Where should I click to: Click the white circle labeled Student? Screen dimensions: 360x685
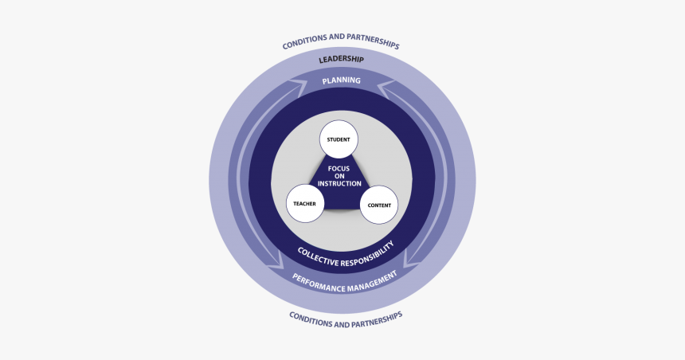coord(339,139)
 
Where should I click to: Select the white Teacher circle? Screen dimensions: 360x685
coord(305,204)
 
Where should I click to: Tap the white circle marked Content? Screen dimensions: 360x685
coord(378,206)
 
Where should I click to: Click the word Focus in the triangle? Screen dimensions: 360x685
coord(339,168)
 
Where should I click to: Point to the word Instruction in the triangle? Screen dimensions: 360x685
coord(339,184)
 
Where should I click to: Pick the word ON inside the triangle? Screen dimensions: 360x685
coord(339,176)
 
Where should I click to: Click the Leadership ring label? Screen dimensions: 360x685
coord(341,60)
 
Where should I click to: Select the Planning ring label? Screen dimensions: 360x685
coord(341,80)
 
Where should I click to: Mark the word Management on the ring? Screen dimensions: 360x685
coord(372,280)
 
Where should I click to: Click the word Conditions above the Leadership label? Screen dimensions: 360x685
coord(303,43)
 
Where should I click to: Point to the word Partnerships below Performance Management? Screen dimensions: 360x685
coord(377,316)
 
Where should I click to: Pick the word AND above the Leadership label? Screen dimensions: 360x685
coord(335,39)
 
